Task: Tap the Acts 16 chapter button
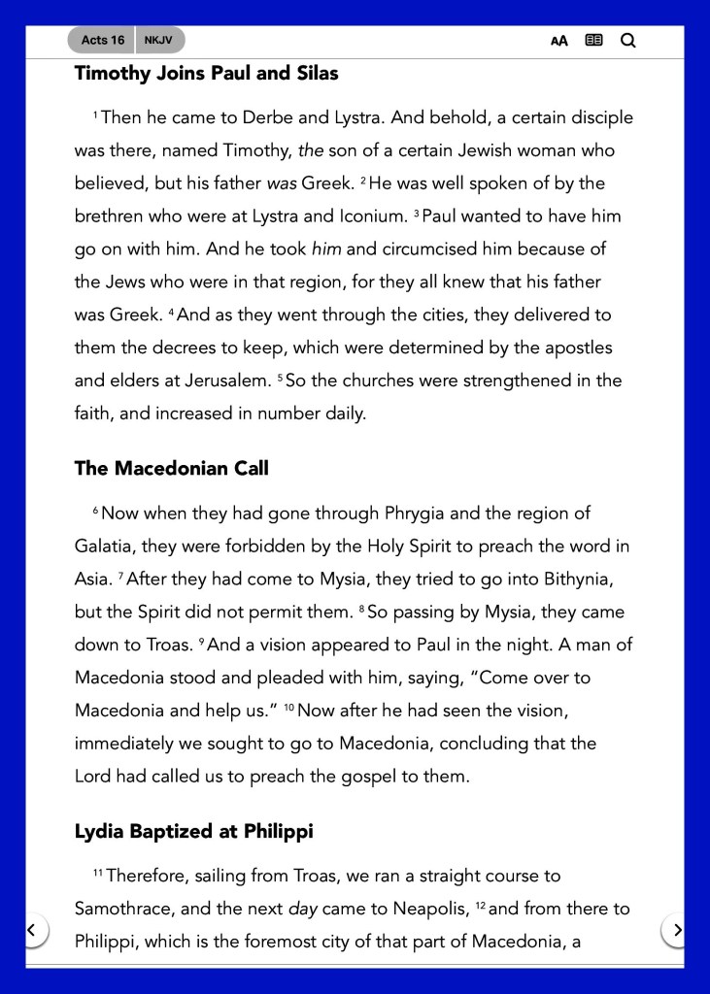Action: (x=102, y=40)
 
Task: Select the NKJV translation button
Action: (x=158, y=40)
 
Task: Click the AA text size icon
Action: (x=559, y=41)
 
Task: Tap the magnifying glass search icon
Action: (x=627, y=41)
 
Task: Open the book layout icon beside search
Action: (x=593, y=41)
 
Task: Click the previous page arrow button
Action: (x=32, y=930)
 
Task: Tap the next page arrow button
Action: (x=677, y=930)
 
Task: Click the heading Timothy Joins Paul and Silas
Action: (x=206, y=73)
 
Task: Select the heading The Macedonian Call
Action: (x=171, y=468)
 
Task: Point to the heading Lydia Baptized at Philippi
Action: (x=193, y=832)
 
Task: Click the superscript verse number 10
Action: (x=288, y=708)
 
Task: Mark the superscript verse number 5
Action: (x=280, y=377)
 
